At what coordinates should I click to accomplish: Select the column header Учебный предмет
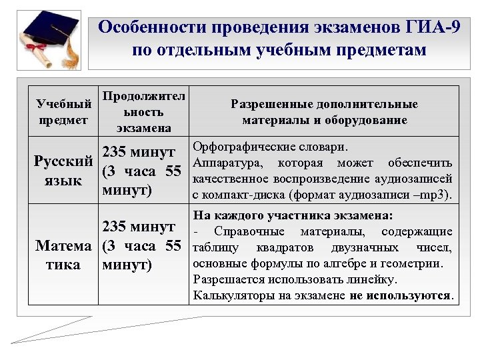(63, 112)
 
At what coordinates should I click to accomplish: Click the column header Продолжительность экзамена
(143, 111)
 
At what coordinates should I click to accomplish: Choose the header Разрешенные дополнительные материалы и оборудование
(324, 112)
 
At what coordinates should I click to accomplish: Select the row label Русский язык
(63, 171)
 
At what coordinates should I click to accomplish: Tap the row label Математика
(63, 255)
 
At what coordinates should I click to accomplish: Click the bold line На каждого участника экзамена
(293, 215)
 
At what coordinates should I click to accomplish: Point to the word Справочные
(249, 231)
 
